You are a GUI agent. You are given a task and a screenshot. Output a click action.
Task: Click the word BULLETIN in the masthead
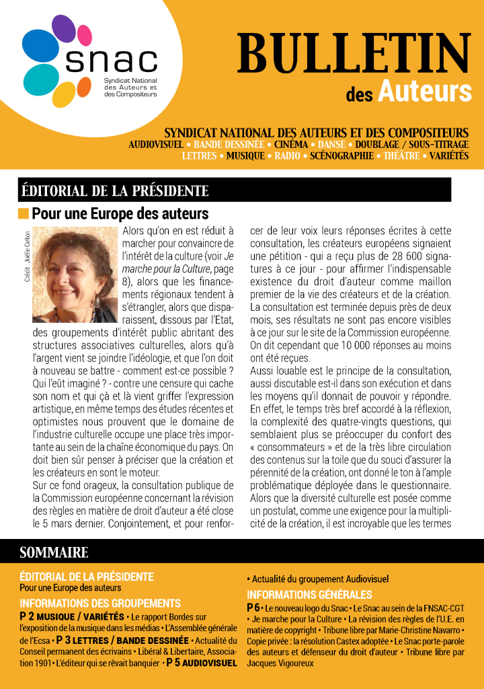[x=354, y=54]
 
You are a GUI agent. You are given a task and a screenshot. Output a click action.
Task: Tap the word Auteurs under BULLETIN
[x=424, y=91]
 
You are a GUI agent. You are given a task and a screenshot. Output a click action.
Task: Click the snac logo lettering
[x=111, y=61]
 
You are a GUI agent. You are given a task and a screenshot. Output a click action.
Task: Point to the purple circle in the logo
[x=64, y=29]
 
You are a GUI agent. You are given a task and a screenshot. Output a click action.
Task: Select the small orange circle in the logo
[x=84, y=87]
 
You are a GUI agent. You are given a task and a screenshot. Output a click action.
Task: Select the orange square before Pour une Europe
[x=24, y=214]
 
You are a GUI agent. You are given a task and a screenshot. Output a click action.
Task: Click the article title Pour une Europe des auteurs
[x=120, y=214]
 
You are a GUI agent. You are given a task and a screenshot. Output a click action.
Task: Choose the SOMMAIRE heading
[x=54, y=552]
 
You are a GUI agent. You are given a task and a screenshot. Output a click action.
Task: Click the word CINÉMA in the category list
[x=290, y=145]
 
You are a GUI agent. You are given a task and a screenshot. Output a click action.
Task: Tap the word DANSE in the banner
[x=330, y=145]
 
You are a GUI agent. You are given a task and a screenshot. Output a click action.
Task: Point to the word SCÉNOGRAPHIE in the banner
[x=341, y=155]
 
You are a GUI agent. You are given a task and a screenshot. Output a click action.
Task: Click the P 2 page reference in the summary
[x=27, y=616]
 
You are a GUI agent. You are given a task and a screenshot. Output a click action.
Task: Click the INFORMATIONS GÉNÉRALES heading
[x=309, y=595]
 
